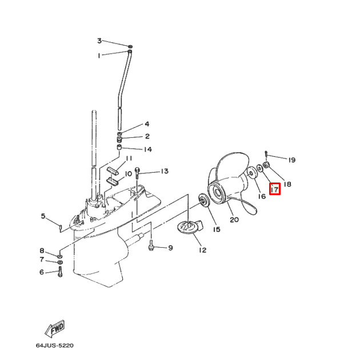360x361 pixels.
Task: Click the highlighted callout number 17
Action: click(x=274, y=188)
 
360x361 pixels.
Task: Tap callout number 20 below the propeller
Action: click(x=234, y=219)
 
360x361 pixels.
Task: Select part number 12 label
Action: click(x=202, y=250)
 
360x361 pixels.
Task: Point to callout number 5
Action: click(x=42, y=216)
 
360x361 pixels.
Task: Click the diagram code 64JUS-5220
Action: click(x=54, y=346)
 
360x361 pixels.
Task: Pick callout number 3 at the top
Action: click(x=99, y=41)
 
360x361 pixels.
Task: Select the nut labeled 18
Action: click(x=267, y=166)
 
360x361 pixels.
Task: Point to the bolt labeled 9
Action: click(x=151, y=245)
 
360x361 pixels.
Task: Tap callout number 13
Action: click(x=164, y=171)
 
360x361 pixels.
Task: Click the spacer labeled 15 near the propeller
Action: click(x=202, y=200)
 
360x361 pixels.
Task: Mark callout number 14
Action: click(x=147, y=150)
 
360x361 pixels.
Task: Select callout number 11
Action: click(x=129, y=158)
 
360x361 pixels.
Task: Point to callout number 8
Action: click(x=41, y=251)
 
